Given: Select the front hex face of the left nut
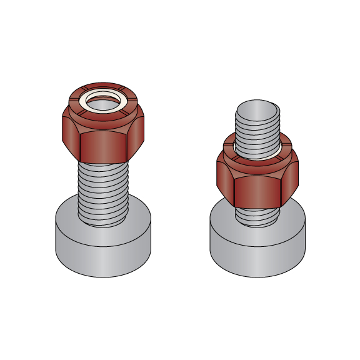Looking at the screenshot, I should click(x=104, y=147).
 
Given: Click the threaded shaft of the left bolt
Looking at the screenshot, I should click(x=104, y=187).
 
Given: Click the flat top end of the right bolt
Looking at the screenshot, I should click(x=256, y=105).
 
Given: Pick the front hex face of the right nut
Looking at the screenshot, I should click(x=257, y=191).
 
